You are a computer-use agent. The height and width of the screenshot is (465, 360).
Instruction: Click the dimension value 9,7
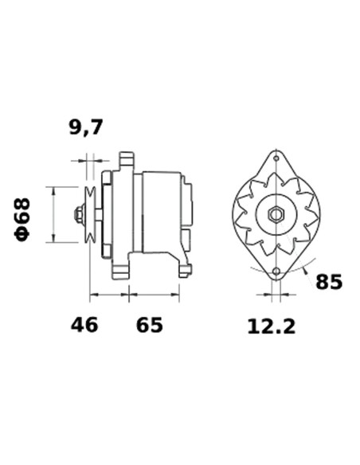click(x=86, y=126)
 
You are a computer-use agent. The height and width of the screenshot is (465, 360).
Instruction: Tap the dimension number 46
click(x=84, y=325)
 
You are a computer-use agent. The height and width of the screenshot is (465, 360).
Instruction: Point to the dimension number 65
click(x=149, y=325)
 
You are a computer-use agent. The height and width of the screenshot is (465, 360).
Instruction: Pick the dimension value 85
click(x=328, y=282)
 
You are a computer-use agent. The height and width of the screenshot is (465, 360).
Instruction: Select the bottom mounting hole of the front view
click(x=276, y=272)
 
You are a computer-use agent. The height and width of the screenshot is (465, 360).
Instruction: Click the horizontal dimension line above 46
click(x=108, y=295)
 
